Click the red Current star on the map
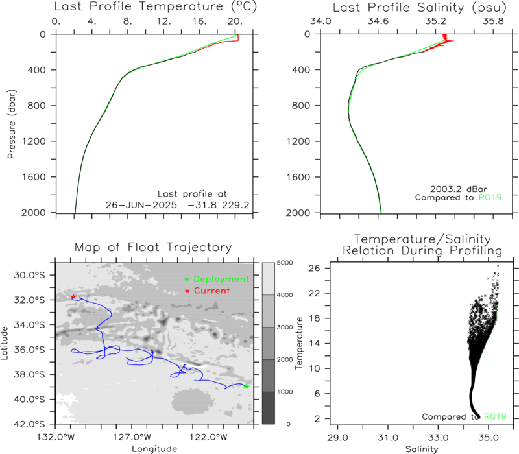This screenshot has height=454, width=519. point(73,296)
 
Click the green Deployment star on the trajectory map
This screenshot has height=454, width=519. point(246,387)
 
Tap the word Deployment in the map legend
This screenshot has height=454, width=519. point(221,280)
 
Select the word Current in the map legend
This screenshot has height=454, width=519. point(212,291)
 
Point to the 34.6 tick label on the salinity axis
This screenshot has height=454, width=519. point(378,21)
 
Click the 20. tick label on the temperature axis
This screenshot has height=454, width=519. point(235,21)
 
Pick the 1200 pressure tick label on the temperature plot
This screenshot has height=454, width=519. point(34,141)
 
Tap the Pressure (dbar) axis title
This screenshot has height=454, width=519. point(11,124)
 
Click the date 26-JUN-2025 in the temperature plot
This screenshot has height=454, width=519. point(141,205)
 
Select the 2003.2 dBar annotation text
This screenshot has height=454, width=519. point(459,189)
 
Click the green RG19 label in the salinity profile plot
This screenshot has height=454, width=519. point(490,198)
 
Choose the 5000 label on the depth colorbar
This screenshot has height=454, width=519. point(285,263)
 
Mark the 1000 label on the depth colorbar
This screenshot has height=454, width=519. point(285,392)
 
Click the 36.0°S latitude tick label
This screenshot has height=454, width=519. point(29,350)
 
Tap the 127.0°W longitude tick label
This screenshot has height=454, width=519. point(132,437)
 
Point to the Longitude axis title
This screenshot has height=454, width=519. point(154,449)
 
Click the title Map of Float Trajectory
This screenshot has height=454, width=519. point(153,247)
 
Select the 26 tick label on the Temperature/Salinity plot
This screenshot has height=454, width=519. point(315,268)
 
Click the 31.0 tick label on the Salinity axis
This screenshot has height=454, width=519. point(388,438)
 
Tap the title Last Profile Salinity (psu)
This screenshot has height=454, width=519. point(420,7)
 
